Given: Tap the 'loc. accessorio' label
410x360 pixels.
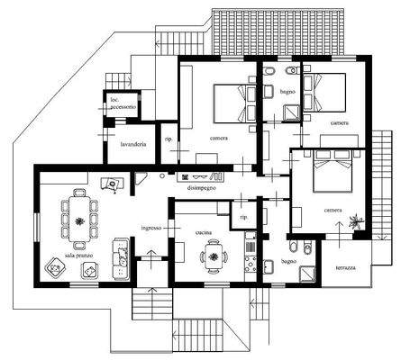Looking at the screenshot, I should (123, 103).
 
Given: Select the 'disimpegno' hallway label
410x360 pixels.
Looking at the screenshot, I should (201, 188).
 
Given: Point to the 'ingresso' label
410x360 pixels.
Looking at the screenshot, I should (150, 228).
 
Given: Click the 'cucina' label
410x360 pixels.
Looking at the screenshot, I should (204, 233).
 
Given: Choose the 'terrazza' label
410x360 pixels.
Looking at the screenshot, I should (346, 268).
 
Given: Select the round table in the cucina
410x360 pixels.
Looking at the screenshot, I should (214, 256).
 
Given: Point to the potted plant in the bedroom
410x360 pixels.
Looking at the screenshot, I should (357, 220).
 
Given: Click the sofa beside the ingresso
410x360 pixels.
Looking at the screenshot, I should (116, 254).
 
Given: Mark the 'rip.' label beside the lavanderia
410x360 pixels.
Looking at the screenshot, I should (168, 139).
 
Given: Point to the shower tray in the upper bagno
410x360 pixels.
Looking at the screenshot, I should (292, 112).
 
